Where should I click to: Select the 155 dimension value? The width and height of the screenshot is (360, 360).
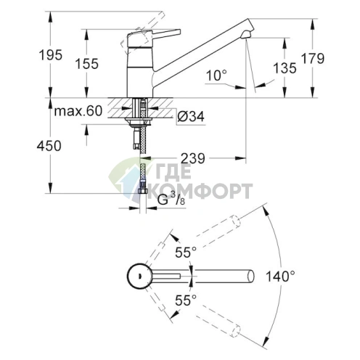(86, 63)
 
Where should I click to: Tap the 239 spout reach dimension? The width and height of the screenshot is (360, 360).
(192, 158)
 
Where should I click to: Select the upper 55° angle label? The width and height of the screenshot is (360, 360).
(185, 252)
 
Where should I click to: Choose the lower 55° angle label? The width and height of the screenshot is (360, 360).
(185, 299)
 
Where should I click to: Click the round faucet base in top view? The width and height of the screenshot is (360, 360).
(137, 275)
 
